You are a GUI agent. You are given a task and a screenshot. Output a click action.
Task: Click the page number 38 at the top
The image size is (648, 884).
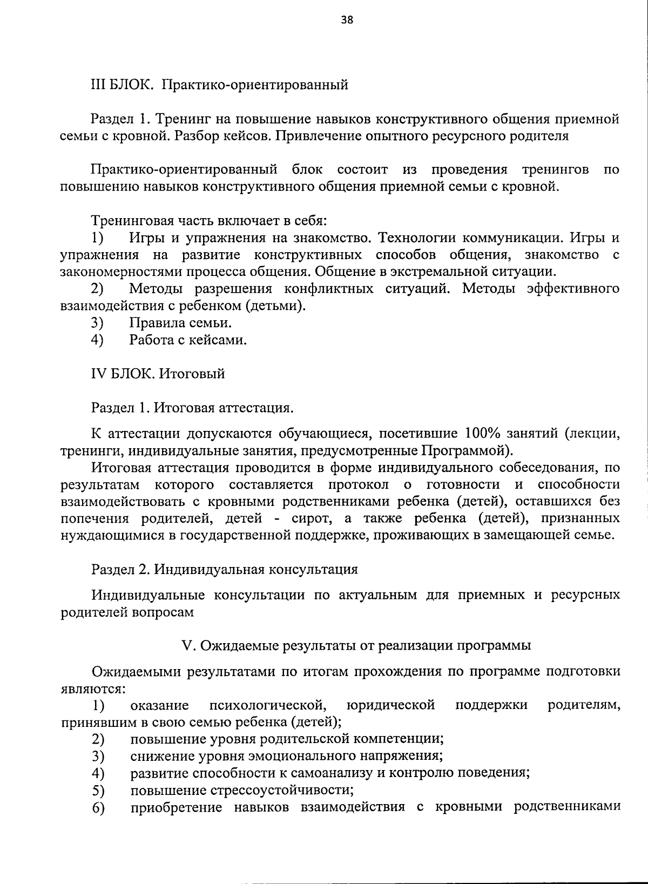tap(347, 21)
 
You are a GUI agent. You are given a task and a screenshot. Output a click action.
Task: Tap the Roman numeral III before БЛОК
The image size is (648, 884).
tap(99, 85)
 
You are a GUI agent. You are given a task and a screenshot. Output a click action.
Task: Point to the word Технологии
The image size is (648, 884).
tap(416, 238)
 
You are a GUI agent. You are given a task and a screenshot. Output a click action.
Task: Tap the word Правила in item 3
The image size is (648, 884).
tap(157, 323)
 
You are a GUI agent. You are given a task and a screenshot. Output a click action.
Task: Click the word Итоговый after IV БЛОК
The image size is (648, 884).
tap(192, 374)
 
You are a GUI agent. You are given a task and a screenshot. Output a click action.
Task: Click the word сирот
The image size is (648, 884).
tap(309, 518)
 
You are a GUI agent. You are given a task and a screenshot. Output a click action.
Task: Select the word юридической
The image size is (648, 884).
tap(390, 705)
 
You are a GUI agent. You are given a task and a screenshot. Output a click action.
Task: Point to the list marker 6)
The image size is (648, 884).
tap(98, 808)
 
